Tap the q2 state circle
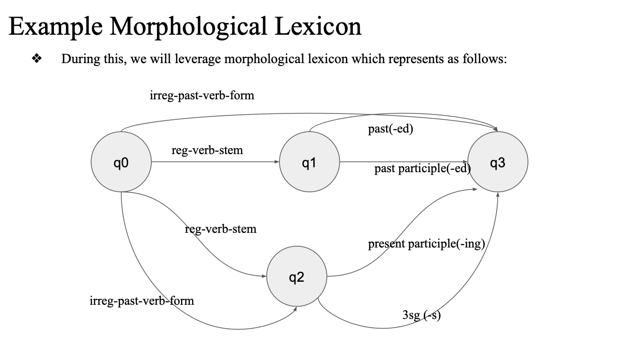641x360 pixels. (x=297, y=277)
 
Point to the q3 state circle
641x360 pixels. (x=498, y=162)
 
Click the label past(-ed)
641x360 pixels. (x=390, y=130)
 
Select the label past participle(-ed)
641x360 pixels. (x=422, y=169)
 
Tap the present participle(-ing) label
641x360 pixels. (x=426, y=244)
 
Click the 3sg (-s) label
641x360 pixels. (x=421, y=315)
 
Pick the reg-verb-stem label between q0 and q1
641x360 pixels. (x=207, y=150)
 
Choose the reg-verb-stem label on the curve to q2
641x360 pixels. (x=221, y=228)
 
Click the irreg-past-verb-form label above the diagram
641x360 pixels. (x=202, y=95)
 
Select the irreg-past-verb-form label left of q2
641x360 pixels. (x=142, y=300)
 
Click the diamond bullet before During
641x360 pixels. (x=36, y=59)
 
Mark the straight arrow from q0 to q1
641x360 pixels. (x=215, y=162)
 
